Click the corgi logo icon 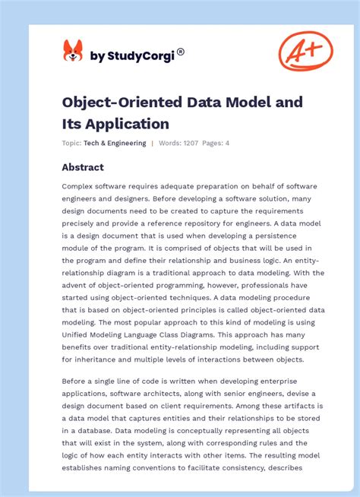[x=72, y=52]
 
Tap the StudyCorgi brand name [x=134, y=55]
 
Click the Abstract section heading [x=83, y=167]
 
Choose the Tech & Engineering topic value [x=115, y=143]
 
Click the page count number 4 [x=227, y=143]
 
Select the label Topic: [x=72, y=143]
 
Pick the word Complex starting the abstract [x=79, y=186]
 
